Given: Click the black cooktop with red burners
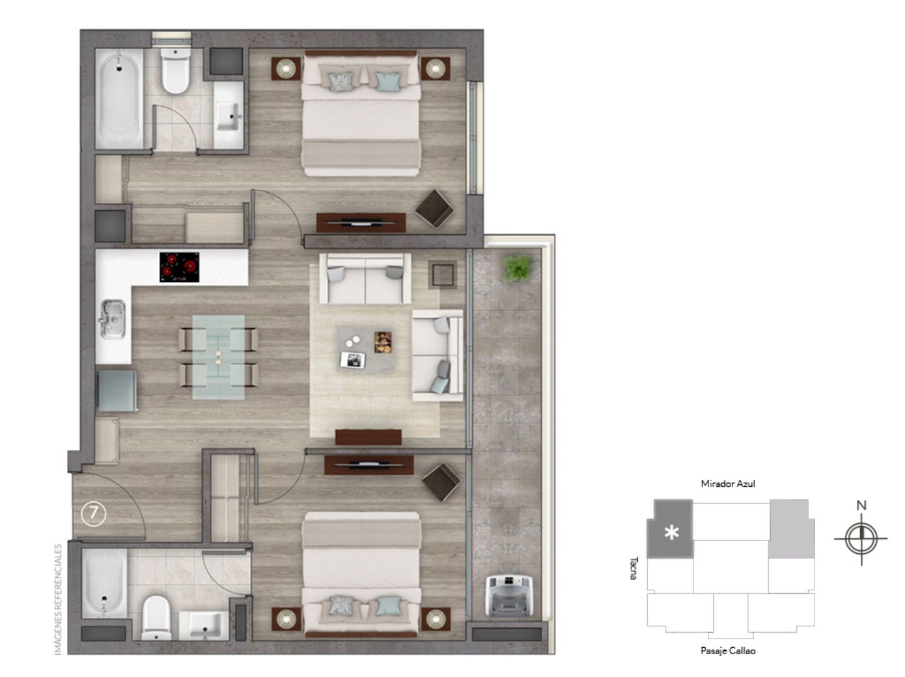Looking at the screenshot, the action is (x=179, y=267).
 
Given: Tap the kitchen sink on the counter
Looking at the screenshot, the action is (x=112, y=318).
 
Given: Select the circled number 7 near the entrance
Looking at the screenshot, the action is (x=94, y=514).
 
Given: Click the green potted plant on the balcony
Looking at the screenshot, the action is (x=518, y=268).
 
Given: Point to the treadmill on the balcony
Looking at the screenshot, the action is (x=508, y=596).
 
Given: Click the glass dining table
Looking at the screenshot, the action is (x=218, y=357).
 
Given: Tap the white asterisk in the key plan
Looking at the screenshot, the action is (x=672, y=532).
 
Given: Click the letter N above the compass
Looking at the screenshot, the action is (x=861, y=505).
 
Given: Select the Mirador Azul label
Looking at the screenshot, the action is (x=728, y=484).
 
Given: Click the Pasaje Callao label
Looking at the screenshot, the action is (x=728, y=650).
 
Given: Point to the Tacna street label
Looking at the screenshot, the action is (x=634, y=568).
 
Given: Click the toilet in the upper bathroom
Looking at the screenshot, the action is (x=176, y=72).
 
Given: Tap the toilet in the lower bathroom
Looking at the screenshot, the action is (x=156, y=617).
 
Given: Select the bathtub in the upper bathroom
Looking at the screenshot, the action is (x=119, y=98).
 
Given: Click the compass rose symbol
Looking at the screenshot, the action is (x=861, y=538).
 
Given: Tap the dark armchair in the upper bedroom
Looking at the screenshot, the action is (x=434, y=208).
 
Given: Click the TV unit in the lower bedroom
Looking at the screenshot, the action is (x=369, y=464).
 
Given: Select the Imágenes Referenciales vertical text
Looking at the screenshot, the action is (x=58, y=600).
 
